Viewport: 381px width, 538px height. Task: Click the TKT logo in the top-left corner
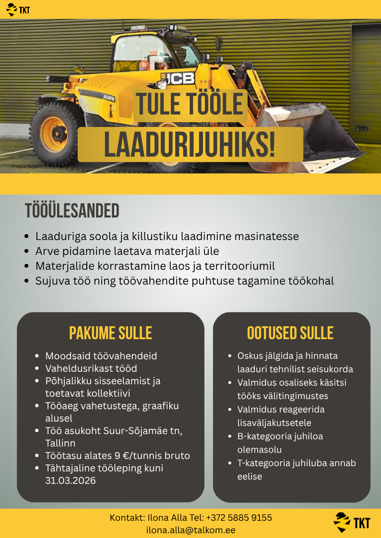pos(18,9)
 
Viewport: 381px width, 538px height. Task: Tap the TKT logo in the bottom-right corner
pos(352,522)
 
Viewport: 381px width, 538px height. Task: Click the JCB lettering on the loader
pos(180,78)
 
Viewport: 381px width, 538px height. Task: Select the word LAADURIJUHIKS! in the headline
pos(190,145)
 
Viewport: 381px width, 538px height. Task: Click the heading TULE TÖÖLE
pos(190,105)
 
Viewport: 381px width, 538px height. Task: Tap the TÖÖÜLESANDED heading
pos(72,211)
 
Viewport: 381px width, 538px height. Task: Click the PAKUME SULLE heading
pos(110,333)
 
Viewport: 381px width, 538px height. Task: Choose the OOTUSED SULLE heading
pos(290,333)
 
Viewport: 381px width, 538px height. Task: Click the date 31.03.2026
pos(71,481)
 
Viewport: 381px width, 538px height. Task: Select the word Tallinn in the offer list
pos(60,443)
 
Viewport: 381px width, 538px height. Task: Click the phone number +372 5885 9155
pos(239,518)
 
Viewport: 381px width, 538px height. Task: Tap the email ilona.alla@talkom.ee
pos(190,530)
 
